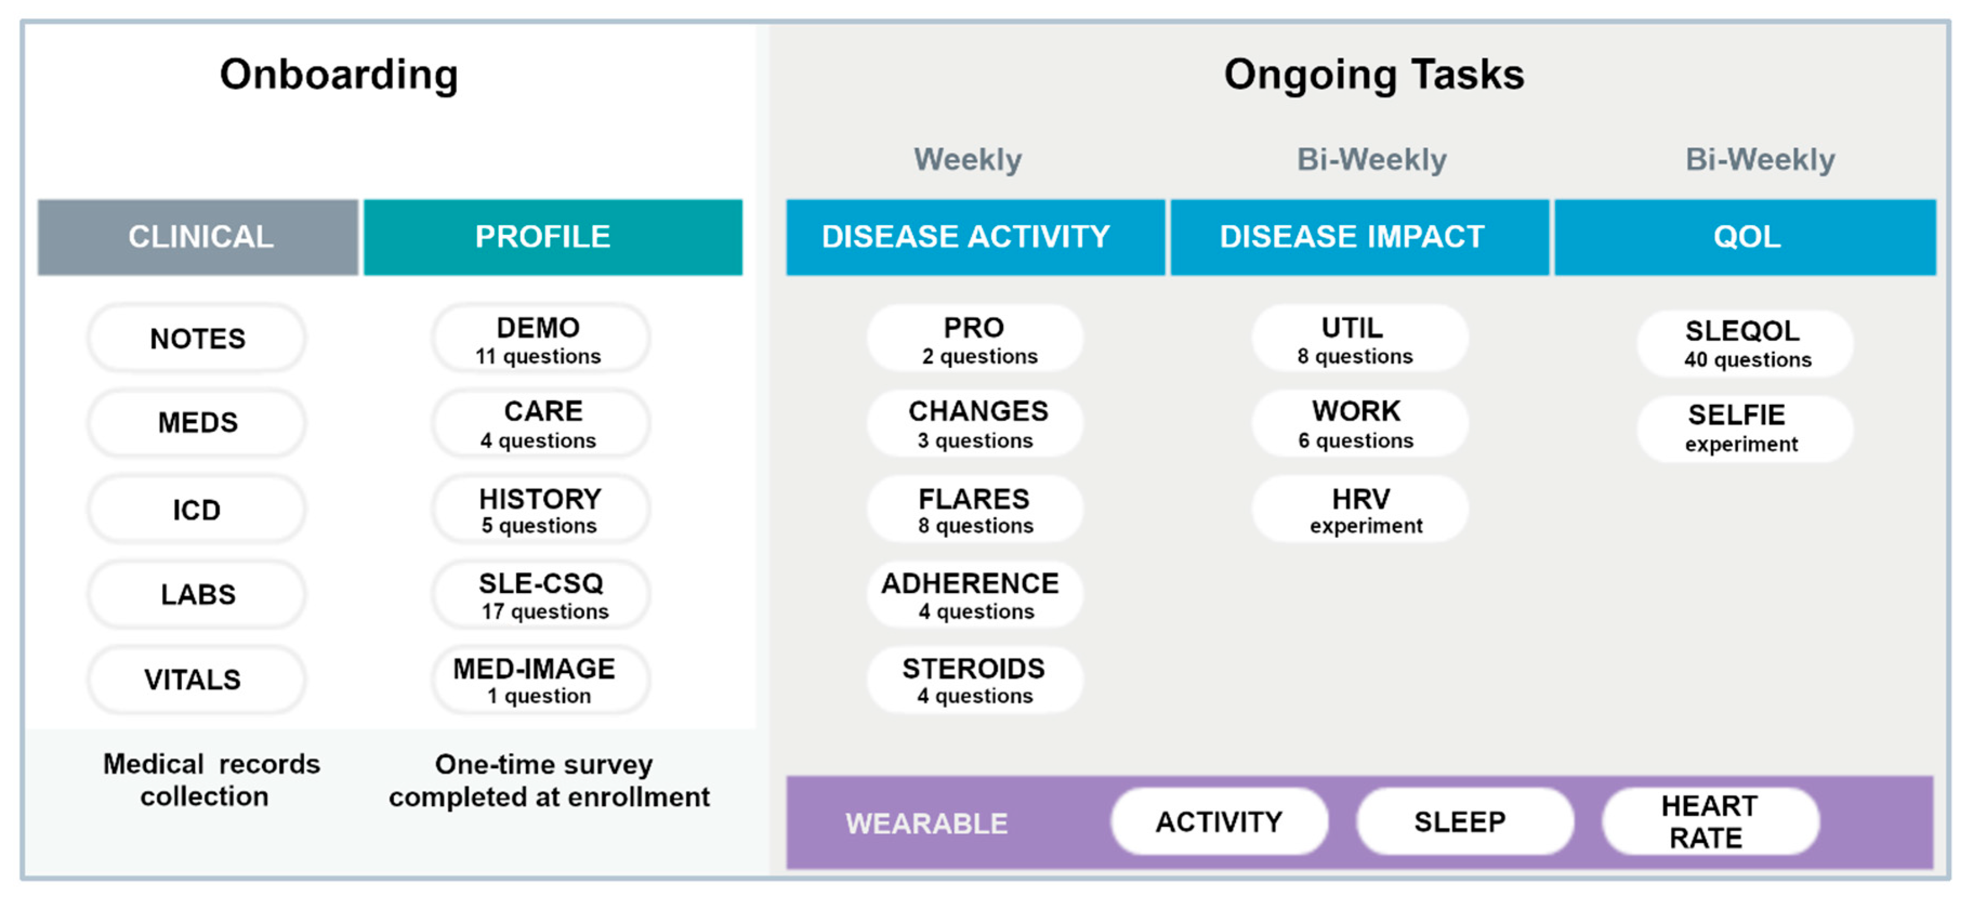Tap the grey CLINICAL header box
coord(198,237)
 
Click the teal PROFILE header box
coord(553,237)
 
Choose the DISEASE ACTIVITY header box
coord(975,237)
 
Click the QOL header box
coord(1746,237)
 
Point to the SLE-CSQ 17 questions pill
coord(542,595)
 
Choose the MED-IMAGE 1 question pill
coord(542,679)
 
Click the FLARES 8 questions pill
coord(975,509)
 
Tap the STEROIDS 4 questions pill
coord(975,679)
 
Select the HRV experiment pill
coord(1360,509)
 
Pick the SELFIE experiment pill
coord(1745,428)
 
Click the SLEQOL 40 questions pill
coord(1745,344)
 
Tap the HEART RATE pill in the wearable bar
coord(1711,822)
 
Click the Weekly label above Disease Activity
coord(967,160)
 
